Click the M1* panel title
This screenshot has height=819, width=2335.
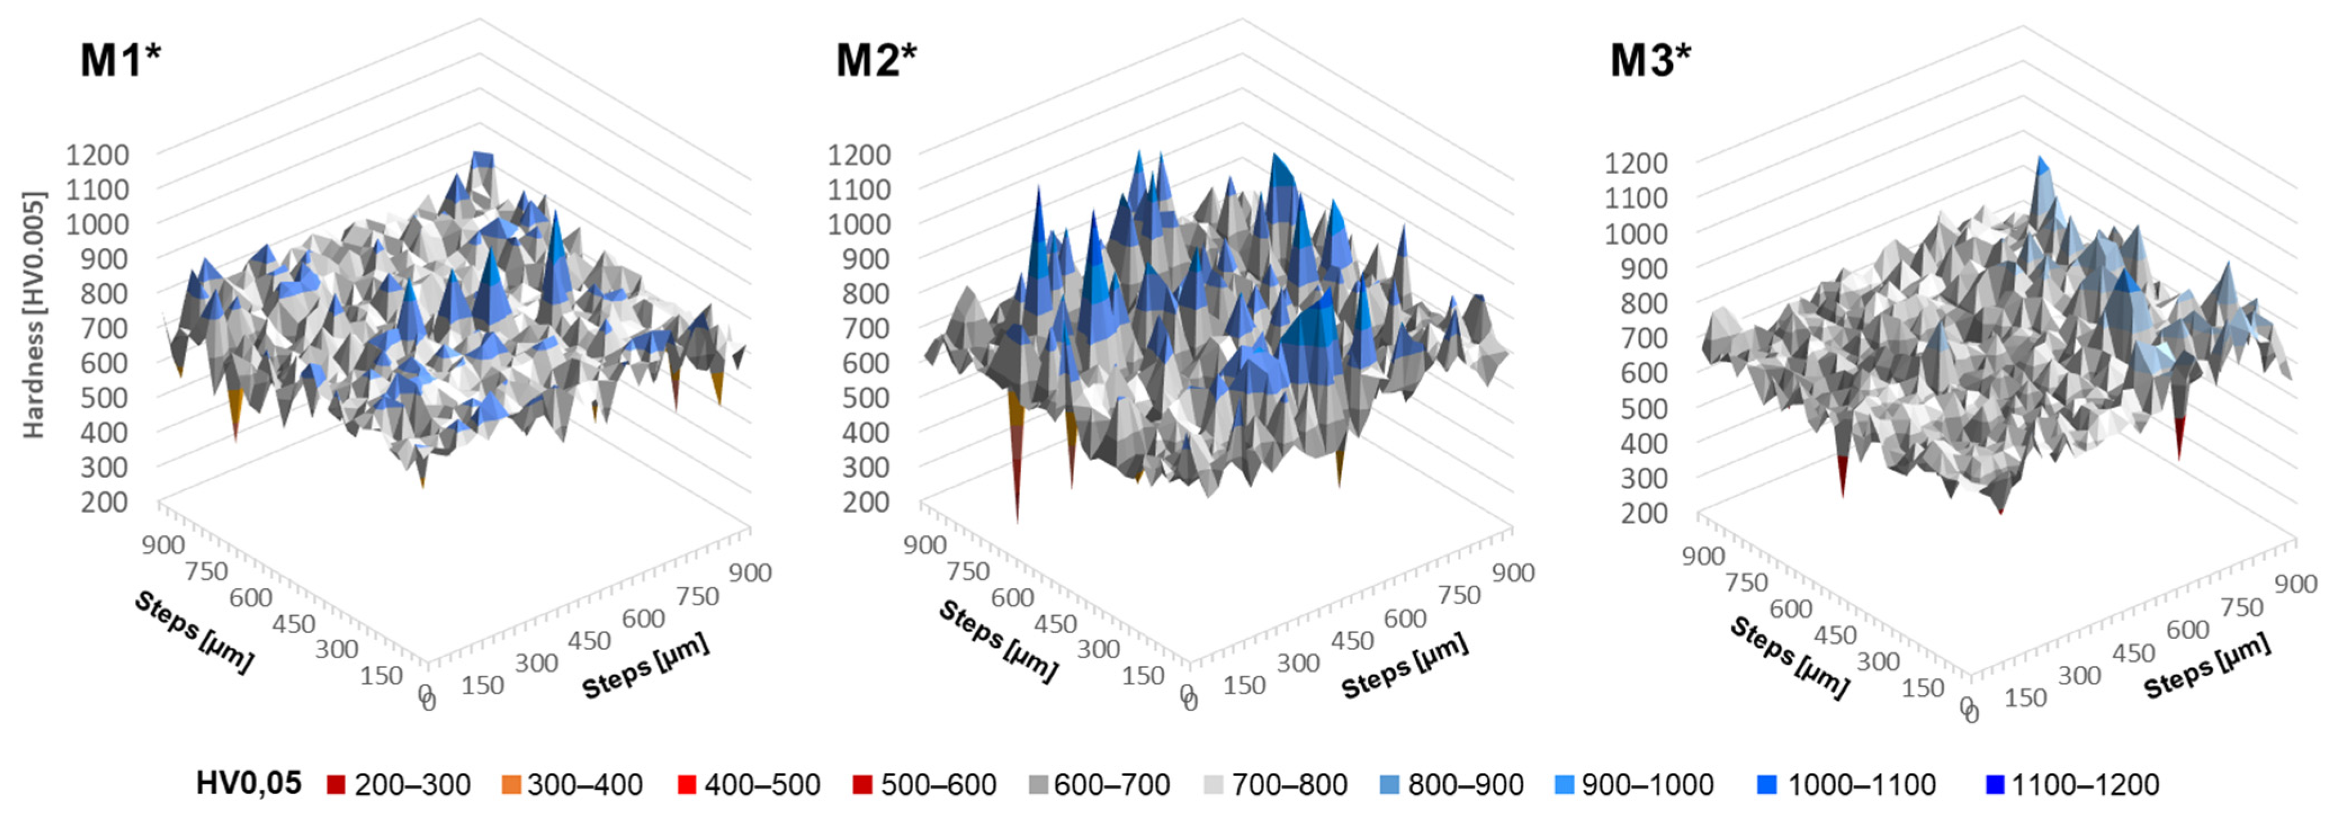(x=120, y=61)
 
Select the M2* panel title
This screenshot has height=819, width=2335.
(x=875, y=61)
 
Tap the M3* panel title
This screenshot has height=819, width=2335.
(x=1650, y=61)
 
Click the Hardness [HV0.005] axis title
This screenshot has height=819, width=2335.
(x=34, y=315)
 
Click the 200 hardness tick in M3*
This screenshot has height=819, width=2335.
(x=1644, y=513)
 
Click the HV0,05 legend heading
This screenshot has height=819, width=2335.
(x=248, y=783)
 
